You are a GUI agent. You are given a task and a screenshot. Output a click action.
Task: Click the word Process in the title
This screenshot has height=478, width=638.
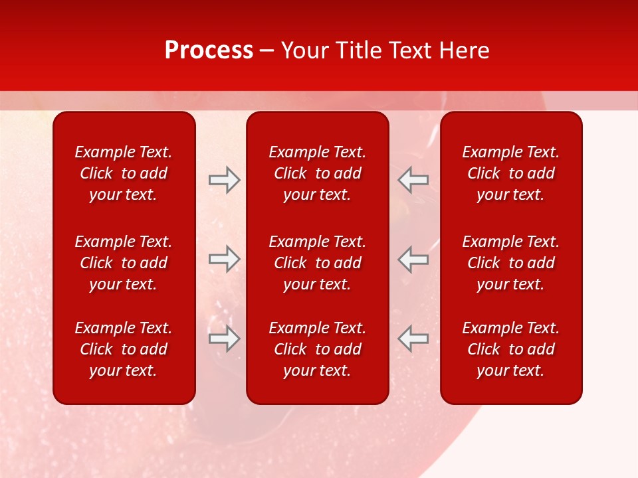pyautogui.click(x=209, y=50)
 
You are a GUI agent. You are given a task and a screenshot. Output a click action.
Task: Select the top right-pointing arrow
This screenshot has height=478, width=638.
pyautogui.click(x=224, y=180)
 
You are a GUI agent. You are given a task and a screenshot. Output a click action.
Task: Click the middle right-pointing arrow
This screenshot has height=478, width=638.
pyautogui.click(x=224, y=259)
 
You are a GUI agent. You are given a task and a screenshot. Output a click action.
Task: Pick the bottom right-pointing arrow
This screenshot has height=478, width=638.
pyautogui.click(x=224, y=339)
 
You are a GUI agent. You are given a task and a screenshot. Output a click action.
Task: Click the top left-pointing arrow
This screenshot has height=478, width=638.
pyautogui.click(x=413, y=180)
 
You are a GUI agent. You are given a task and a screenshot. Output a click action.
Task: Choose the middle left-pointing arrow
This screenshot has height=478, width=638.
pyautogui.click(x=413, y=259)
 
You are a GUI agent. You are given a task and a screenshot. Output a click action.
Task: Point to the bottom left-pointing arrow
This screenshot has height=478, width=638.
pyautogui.click(x=413, y=339)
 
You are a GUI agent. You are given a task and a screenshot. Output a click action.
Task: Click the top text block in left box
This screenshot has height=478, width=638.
pyautogui.click(x=124, y=173)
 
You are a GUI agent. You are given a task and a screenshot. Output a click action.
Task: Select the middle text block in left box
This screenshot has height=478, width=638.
pyautogui.click(x=124, y=263)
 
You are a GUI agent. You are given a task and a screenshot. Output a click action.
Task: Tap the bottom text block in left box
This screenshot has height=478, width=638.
pyautogui.click(x=124, y=349)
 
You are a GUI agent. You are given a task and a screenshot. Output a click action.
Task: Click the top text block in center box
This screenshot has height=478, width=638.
pyautogui.click(x=318, y=173)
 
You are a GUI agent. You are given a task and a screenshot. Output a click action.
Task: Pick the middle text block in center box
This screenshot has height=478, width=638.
pyautogui.click(x=318, y=263)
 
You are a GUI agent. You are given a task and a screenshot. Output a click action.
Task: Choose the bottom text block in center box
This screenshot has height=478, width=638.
pyautogui.click(x=318, y=349)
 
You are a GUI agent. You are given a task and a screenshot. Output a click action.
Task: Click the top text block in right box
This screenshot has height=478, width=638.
pyautogui.click(x=511, y=173)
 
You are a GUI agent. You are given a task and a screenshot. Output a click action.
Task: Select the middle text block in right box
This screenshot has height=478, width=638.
pyautogui.click(x=511, y=263)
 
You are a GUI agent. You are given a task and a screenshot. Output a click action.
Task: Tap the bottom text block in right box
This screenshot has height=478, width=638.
pyautogui.click(x=511, y=349)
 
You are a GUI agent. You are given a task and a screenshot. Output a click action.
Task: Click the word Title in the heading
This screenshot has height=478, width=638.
pyautogui.click(x=357, y=50)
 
